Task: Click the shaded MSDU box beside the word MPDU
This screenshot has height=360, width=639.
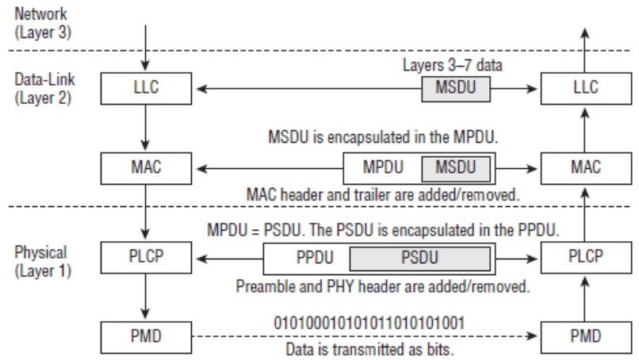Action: pos(454,168)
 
